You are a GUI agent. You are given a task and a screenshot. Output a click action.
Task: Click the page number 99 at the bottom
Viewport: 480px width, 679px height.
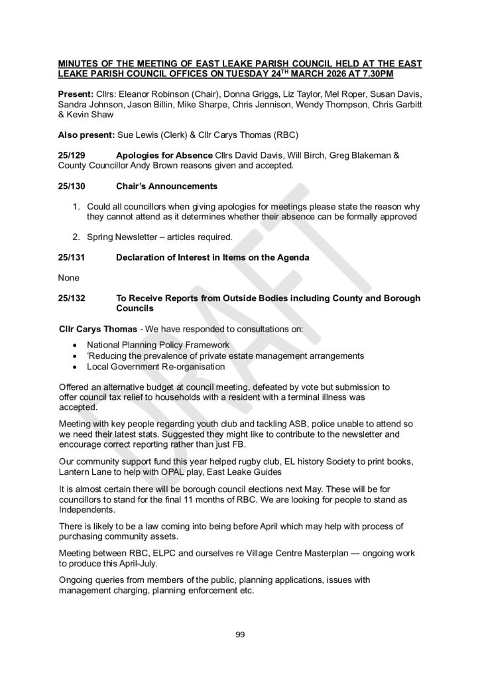240,635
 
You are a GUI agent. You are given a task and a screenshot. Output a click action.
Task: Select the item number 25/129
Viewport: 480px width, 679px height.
72,154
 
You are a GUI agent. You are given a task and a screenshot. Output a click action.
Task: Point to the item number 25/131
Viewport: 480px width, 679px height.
72,257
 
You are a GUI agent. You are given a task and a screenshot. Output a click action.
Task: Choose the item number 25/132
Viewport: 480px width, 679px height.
72,298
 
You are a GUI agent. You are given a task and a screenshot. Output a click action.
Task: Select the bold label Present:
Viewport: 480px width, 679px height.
76,97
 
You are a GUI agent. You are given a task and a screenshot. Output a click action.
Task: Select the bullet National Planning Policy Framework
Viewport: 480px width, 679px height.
158,345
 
